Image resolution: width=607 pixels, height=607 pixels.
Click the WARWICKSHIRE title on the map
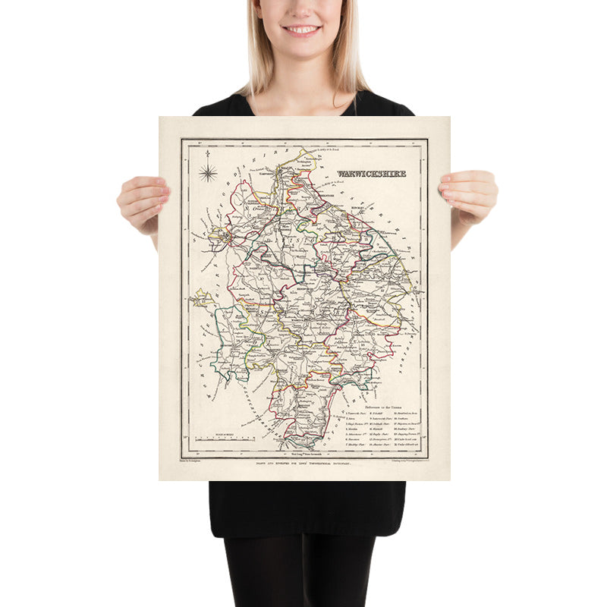pos(371,174)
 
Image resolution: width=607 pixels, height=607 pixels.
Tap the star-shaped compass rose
pos(207,172)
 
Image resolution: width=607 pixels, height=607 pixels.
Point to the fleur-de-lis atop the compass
pos(207,156)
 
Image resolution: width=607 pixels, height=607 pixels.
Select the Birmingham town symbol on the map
pos(227,242)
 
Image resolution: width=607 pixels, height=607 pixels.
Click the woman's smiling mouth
pos(303,30)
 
